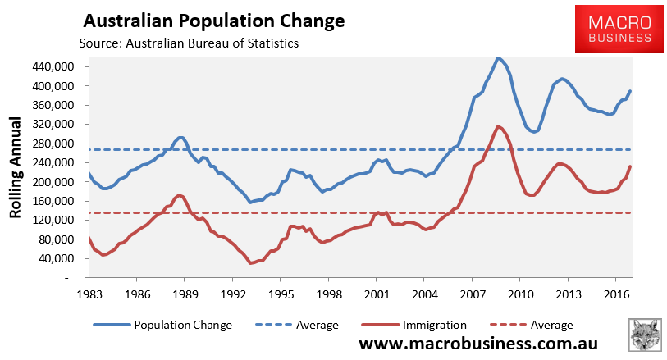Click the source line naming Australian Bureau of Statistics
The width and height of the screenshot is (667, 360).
coord(188,42)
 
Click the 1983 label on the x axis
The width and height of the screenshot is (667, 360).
coord(89,294)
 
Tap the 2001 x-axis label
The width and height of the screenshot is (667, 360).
coord(377,294)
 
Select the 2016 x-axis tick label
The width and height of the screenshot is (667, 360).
coord(615,294)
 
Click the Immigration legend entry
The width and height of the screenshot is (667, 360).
coord(433,325)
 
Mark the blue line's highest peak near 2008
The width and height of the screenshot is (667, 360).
coord(498,57)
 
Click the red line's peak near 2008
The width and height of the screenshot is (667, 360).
coord(498,126)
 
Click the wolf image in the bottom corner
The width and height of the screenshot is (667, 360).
coord(646,336)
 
